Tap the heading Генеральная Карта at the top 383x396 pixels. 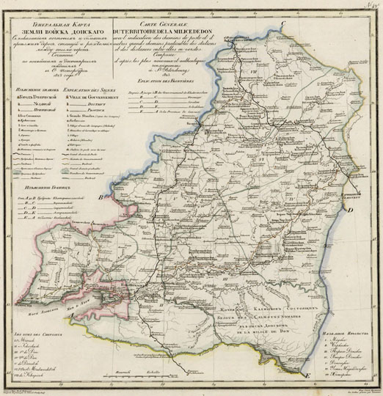59,21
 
